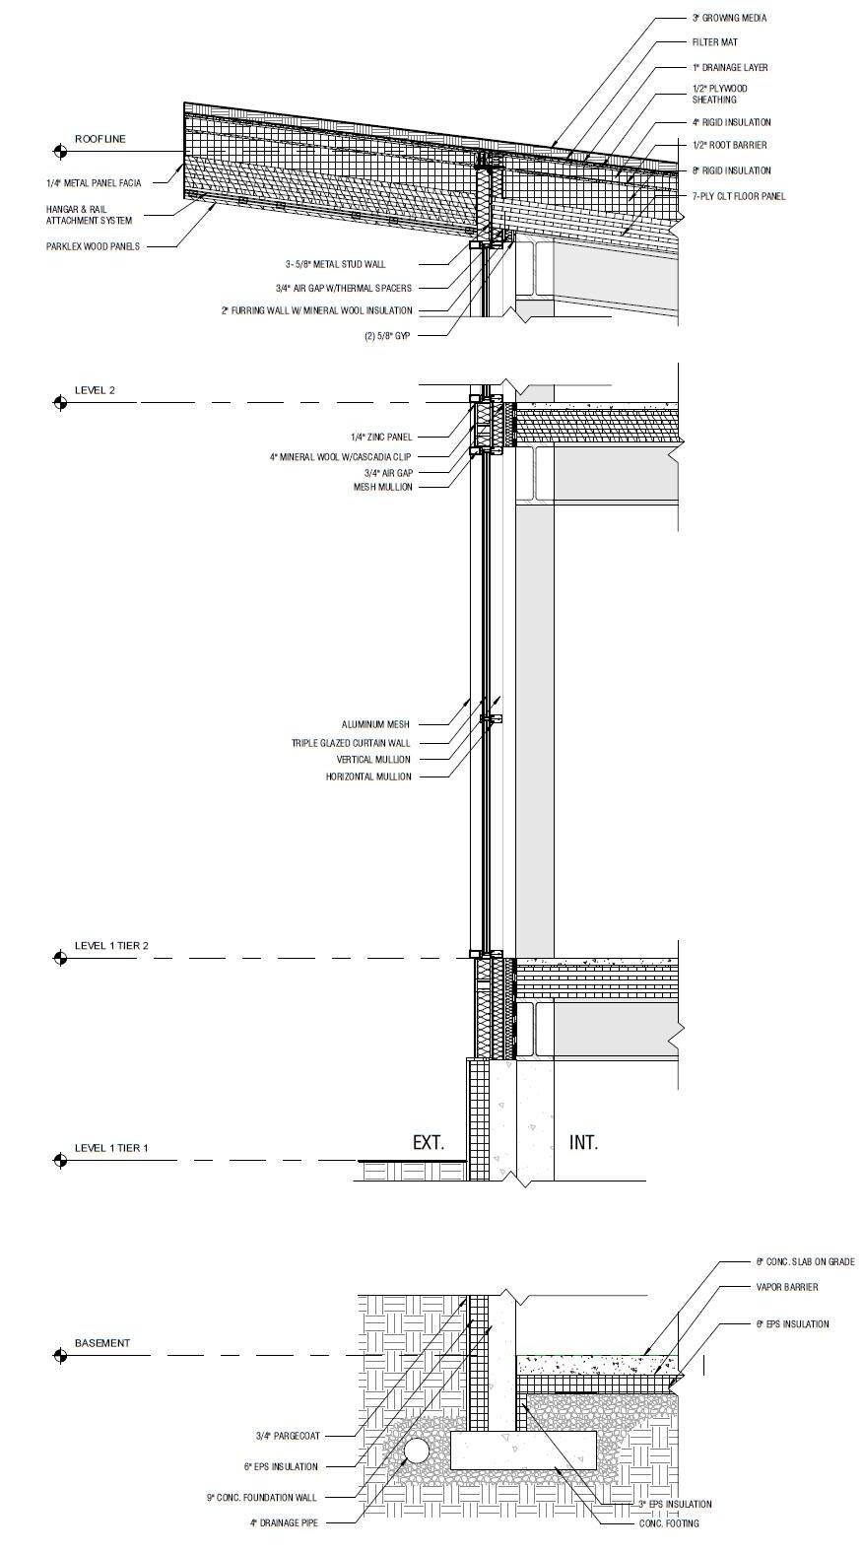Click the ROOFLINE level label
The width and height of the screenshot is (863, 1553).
pos(100,139)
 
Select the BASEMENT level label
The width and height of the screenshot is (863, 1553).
pos(101,1343)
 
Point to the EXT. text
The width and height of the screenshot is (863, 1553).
pos(429,1143)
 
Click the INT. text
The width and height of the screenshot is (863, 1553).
pos(583,1143)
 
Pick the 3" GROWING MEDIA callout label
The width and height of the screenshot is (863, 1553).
pos(729,18)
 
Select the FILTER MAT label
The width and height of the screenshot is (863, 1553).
pos(714,42)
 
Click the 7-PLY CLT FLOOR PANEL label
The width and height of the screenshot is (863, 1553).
pos(738,196)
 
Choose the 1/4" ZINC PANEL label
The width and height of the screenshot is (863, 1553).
pos(381,437)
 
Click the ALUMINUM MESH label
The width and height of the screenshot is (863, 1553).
pos(375,724)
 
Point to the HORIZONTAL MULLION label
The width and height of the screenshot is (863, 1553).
pos(367,776)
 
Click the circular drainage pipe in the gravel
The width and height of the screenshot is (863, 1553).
pos(417,1451)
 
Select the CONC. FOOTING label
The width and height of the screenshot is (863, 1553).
pos(669,1523)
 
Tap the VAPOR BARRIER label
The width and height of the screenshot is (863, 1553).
pos(786,1287)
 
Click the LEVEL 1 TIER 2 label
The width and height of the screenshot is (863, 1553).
pos(111,946)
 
